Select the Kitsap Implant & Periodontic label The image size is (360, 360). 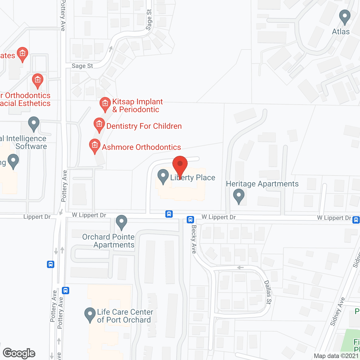click(x=138, y=105)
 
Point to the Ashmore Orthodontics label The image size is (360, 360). click(x=141, y=147)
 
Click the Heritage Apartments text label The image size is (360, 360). click(x=262, y=184)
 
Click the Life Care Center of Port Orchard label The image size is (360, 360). click(x=125, y=316)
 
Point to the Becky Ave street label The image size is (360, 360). click(x=194, y=239)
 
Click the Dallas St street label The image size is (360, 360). click(x=268, y=292)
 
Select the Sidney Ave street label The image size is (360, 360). click(x=337, y=311)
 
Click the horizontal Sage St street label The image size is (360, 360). click(x=82, y=66)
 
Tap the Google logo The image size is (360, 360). click(x=19, y=353)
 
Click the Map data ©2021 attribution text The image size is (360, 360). click(x=336, y=356)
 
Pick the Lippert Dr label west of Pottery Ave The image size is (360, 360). click(x=37, y=217)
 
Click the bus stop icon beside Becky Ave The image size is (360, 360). click(x=190, y=219)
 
